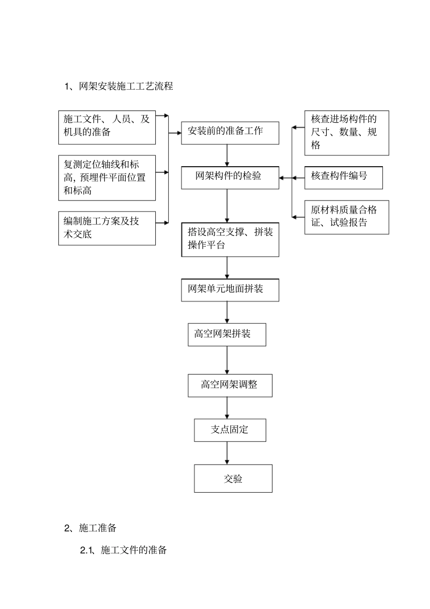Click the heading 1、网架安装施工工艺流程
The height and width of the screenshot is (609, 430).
[119, 86]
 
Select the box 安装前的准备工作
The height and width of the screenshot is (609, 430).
[230, 133]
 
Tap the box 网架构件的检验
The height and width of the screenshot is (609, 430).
[230, 177]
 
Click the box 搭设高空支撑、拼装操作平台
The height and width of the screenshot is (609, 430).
[230, 240]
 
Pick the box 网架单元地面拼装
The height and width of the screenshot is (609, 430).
[230, 290]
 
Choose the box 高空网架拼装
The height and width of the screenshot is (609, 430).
[227, 335]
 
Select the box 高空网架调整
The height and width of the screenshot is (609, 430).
[230, 385]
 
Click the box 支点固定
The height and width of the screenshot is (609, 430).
[230, 430]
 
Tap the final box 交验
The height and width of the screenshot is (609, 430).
[233, 479]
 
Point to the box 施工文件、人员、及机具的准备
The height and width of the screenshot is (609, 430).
[107, 127]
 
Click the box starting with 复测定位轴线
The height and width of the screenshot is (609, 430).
[107, 178]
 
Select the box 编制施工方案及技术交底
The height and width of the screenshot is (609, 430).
[107, 228]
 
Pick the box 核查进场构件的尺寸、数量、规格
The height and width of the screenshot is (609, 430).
[347, 133]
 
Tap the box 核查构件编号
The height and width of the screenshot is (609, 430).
[344, 177]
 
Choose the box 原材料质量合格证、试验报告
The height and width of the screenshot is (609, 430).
[347, 217]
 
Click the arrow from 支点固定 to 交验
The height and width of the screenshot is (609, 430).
[227, 453]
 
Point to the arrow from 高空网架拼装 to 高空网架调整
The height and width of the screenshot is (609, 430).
[227, 360]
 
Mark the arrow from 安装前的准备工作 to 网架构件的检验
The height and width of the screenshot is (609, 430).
[227, 155]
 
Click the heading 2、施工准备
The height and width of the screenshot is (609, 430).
[91, 528]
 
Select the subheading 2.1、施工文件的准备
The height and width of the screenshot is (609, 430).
[124, 550]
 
